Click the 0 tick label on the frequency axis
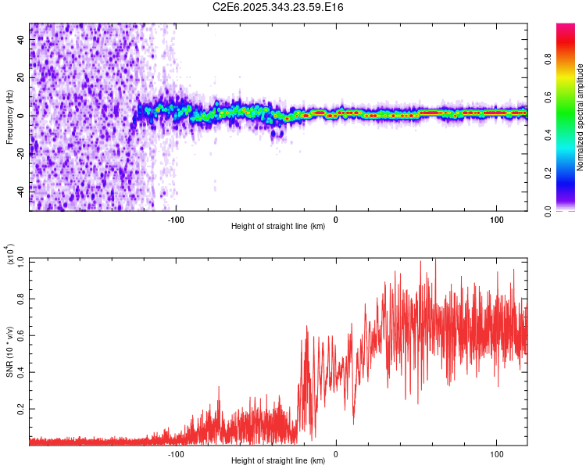click(x=22, y=116)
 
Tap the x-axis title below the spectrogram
click(x=278, y=226)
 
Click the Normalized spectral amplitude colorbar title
click(x=581, y=117)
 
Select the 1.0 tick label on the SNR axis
click(x=21, y=262)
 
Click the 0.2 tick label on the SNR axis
click(x=21, y=409)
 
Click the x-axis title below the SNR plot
click(x=278, y=461)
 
